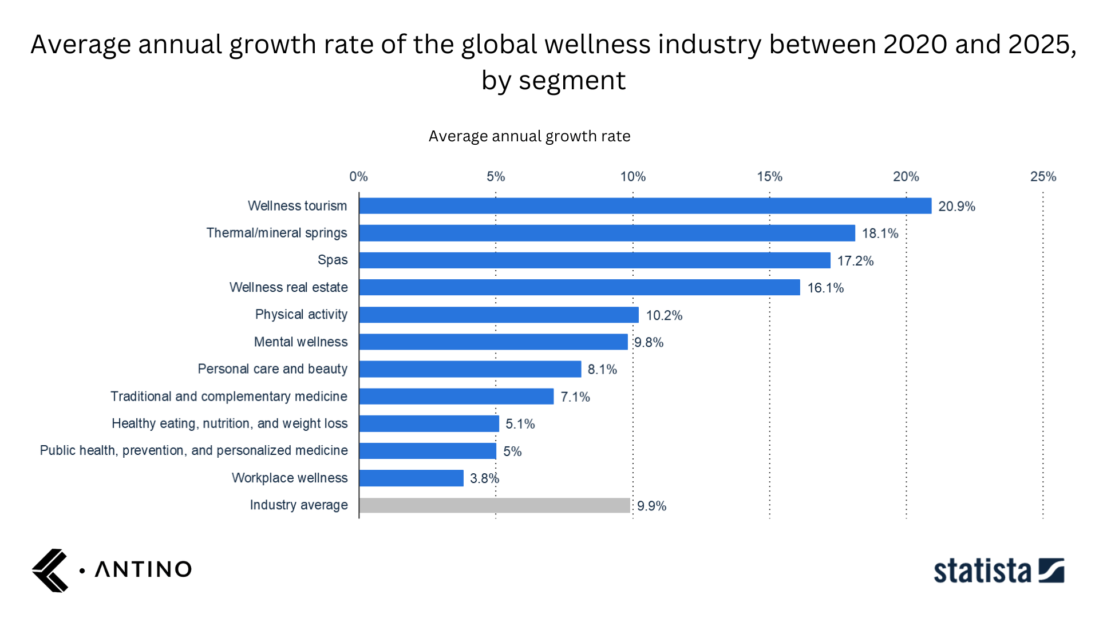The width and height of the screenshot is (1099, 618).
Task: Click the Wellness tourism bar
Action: [645, 206]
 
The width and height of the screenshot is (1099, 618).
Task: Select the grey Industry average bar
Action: [495, 505]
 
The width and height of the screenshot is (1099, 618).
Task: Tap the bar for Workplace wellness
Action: [411, 478]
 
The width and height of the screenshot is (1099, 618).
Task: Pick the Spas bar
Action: [594, 260]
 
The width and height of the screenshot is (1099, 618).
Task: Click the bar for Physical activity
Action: [499, 315]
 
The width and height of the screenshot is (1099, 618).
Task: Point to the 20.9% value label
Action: [956, 207]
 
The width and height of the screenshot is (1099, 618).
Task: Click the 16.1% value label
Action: [825, 288]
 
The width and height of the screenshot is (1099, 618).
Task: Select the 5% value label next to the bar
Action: [512, 451]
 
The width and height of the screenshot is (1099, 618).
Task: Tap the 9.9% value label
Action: [651, 506]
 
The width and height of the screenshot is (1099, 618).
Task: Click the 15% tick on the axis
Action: [769, 177]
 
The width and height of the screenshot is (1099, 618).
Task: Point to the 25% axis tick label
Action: [1043, 177]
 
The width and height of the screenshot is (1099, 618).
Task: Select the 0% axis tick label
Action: [359, 177]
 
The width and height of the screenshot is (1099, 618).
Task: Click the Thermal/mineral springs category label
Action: [276, 233]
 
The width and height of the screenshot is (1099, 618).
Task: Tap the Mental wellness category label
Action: [301, 342]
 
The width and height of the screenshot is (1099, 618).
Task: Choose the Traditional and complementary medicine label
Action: [228, 397]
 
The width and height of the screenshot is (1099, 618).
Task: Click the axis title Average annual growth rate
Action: [529, 136]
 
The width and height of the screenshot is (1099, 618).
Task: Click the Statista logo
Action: [999, 571]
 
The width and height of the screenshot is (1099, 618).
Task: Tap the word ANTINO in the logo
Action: [143, 569]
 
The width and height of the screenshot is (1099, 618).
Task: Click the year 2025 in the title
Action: [1038, 45]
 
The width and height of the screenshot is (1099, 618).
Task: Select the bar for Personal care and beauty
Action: [470, 369]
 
